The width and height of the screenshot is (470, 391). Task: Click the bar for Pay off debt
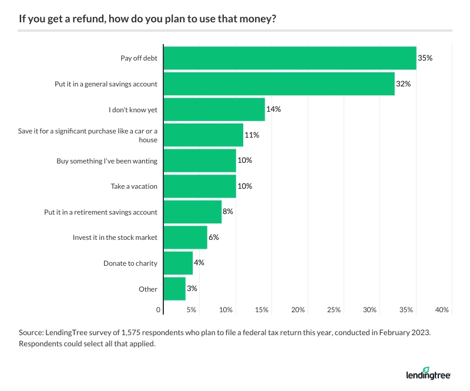tap(289, 58)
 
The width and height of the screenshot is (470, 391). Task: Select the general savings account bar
tap(278, 83)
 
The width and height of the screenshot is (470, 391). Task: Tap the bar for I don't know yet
tap(214, 109)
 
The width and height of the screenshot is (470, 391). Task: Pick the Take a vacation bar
tap(199, 186)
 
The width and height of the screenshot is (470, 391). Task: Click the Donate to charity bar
tap(177, 263)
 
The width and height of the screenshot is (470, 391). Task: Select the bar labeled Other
tap(174, 289)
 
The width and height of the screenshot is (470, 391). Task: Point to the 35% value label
tap(425, 58)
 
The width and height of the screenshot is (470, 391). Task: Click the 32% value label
tap(403, 84)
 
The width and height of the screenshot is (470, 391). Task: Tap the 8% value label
tap(228, 212)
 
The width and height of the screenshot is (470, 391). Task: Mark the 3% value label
tap(192, 289)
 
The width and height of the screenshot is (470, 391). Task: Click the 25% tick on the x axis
tap(334, 309)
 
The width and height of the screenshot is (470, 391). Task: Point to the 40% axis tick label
tap(442, 309)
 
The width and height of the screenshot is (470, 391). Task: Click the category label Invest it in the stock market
tap(115, 238)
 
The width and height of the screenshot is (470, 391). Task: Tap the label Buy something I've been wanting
tap(107, 161)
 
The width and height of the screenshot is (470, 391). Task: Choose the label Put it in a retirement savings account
tap(101, 212)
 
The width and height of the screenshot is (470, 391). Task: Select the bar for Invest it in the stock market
tap(184, 238)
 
